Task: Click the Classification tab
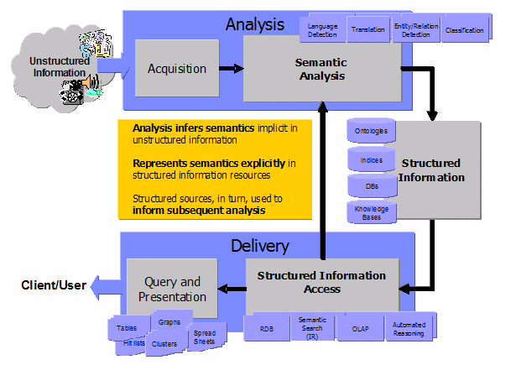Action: (x=465, y=30)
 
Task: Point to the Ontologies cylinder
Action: (x=372, y=132)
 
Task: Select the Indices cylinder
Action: (x=372, y=159)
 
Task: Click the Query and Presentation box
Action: (x=171, y=289)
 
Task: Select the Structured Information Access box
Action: (x=321, y=282)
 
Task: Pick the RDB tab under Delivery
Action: (x=267, y=328)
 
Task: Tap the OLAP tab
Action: (x=361, y=328)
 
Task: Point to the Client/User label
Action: (x=54, y=286)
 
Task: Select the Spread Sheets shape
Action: (x=204, y=336)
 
